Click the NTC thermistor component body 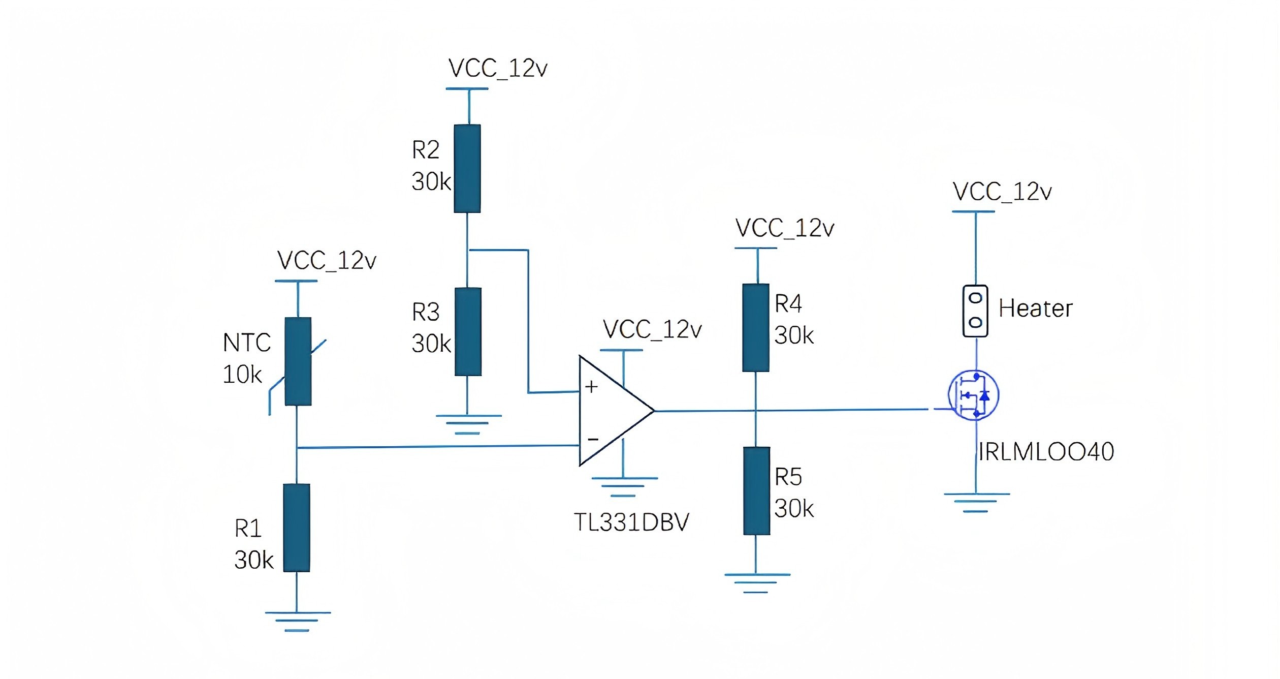(x=298, y=361)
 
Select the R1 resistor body (x=297, y=528)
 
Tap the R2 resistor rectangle (x=467, y=168)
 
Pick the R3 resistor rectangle (x=468, y=331)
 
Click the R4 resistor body (x=756, y=327)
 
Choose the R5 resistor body (x=756, y=490)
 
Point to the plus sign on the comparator (x=591, y=387)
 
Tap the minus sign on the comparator (x=593, y=439)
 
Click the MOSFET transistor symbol (x=973, y=395)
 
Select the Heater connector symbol (x=975, y=311)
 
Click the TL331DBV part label (x=631, y=522)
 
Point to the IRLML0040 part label (x=1046, y=452)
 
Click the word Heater (x=1035, y=308)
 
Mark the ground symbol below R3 (x=468, y=424)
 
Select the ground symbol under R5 (x=756, y=583)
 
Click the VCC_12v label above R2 (x=498, y=69)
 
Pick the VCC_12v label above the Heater (x=1002, y=192)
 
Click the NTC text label (x=247, y=343)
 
